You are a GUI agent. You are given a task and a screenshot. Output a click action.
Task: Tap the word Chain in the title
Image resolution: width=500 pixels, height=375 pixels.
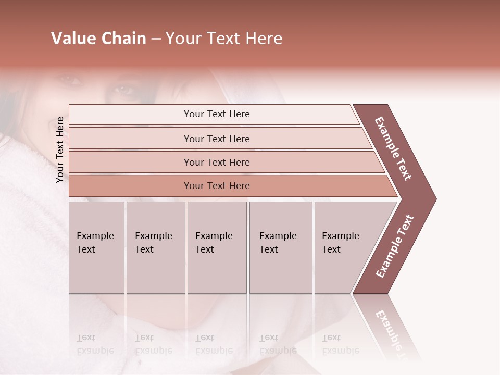tap(124, 39)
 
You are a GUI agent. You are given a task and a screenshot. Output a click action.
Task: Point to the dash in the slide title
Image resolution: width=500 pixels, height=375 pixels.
tap(156, 39)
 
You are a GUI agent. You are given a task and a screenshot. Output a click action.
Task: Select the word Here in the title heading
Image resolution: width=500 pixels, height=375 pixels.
tap(262, 39)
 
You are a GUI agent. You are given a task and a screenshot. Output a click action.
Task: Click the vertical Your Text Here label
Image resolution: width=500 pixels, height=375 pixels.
tap(60, 149)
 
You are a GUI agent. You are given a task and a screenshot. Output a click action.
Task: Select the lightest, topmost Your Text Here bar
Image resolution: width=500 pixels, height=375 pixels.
tap(216, 114)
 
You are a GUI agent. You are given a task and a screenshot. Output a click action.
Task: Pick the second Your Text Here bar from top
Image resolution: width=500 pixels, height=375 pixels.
tap(216, 139)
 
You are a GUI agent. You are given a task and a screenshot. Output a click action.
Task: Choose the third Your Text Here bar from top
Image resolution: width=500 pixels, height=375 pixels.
tap(216, 162)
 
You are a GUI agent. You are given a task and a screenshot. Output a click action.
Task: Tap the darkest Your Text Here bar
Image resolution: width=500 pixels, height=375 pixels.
tap(216, 186)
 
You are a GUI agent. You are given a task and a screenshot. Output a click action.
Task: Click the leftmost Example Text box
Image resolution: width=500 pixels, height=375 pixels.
tap(96, 247)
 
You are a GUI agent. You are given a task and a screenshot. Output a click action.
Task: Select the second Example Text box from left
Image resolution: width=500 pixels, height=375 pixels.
tap(156, 247)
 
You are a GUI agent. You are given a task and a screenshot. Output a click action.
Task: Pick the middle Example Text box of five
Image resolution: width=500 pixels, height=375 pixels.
tap(217, 247)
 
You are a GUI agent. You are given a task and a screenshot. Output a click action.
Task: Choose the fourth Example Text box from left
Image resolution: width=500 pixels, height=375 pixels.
tap(281, 247)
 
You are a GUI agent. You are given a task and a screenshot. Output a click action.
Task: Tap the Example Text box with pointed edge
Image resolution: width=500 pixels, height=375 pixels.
tap(346, 247)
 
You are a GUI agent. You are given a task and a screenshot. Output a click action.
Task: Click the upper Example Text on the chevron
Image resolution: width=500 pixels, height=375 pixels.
tap(393, 149)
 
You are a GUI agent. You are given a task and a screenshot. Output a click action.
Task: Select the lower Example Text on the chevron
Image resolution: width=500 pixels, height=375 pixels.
tap(394, 246)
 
